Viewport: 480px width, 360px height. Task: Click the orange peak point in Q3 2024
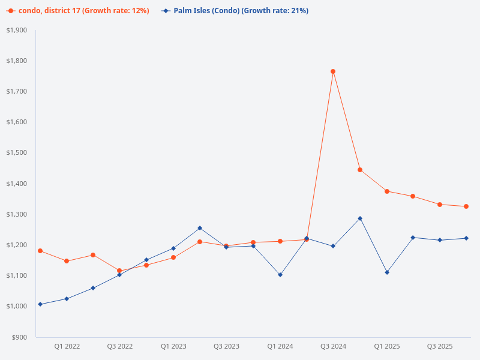(x=333, y=71)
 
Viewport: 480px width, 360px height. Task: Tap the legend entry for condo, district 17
(x=79, y=11)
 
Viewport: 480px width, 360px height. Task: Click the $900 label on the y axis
(x=20, y=337)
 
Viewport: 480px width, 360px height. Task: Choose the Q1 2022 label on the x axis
(x=67, y=347)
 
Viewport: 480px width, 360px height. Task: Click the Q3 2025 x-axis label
(x=440, y=347)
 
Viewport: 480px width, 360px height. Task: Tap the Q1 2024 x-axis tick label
(x=280, y=347)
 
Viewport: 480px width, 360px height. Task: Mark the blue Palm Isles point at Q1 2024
(x=280, y=275)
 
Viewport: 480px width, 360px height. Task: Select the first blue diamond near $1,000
(x=40, y=304)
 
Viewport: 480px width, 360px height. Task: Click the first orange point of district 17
(x=40, y=251)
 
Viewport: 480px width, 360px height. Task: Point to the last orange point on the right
(x=466, y=206)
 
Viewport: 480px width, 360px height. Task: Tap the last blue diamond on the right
(x=466, y=238)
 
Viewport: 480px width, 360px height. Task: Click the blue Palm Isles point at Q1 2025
(x=387, y=272)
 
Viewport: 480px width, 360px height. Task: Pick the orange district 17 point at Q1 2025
(x=387, y=191)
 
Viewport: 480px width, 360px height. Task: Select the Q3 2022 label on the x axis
(x=120, y=347)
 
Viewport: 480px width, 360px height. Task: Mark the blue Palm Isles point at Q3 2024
(x=333, y=246)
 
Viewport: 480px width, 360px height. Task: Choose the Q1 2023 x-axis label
(x=173, y=347)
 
